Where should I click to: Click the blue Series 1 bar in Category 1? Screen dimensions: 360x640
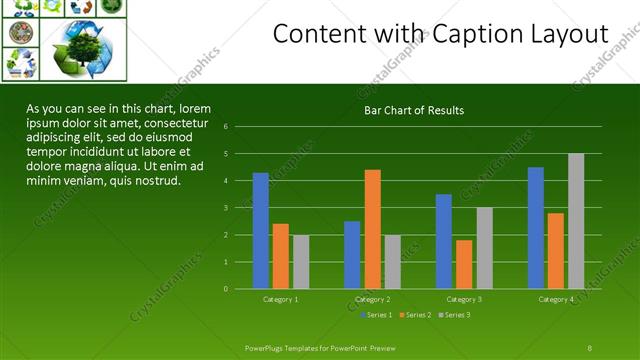click(260, 231)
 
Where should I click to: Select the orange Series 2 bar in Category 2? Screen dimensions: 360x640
click(372, 229)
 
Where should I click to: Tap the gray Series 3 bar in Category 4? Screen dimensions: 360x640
click(576, 221)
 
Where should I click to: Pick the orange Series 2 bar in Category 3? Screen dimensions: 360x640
click(464, 264)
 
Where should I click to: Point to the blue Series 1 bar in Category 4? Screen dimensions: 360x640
click(536, 228)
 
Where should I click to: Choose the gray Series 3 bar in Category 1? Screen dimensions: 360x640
click(301, 262)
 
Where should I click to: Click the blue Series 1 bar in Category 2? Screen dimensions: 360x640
click(352, 255)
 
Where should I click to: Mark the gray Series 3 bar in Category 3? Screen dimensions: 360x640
click(484, 248)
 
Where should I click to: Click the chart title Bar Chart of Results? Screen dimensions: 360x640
click(413, 110)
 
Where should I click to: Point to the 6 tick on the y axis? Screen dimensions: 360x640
click(240, 127)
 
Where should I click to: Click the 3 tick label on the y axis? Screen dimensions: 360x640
click(240, 208)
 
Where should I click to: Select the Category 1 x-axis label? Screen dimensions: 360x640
click(280, 299)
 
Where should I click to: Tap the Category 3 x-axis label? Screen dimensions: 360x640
click(464, 299)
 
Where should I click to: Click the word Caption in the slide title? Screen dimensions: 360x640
click(470, 34)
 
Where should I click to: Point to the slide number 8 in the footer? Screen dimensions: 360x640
click(590, 347)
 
